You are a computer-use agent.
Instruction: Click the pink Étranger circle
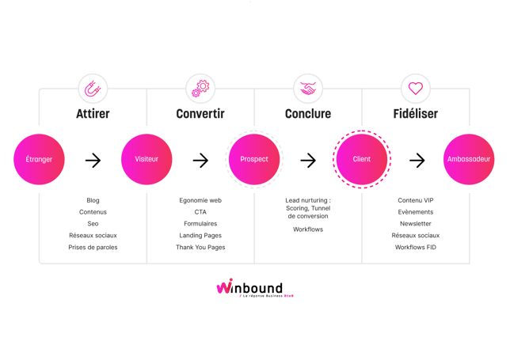pyautogui.click(x=39, y=160)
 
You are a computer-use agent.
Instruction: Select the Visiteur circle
pyautogui.click(x=147, y=160)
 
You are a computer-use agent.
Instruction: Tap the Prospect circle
pyautogui.click(x=254, y=160)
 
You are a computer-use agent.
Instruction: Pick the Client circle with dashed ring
pyautogui.click(x=361, y=160)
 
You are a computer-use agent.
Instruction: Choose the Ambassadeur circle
pyautogui.click(x=469, y=160)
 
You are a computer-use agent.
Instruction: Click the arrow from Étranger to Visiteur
pyautogui.click(x=93, y=160)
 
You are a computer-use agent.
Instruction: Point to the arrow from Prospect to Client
pyautogui.click(x=308, y=160)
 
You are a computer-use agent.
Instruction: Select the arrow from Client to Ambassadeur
pyautogui.click(x=415, y=160)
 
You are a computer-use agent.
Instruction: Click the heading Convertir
pyautogui.click(x=200, y=114)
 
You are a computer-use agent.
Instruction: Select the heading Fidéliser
pyautogui.click(x=415, y=114)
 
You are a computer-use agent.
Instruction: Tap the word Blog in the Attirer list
pyautogui.click(x=93, y=201)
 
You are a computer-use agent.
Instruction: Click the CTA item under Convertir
pyautogui.click(x=200, y=212)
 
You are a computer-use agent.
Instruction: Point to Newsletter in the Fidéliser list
pyautogui.click(x=415, y=224)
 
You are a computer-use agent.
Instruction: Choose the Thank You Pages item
pyautogui.click(x=200, y=248)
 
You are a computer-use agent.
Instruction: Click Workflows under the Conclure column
pyautogui.click(x=308, y=229)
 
